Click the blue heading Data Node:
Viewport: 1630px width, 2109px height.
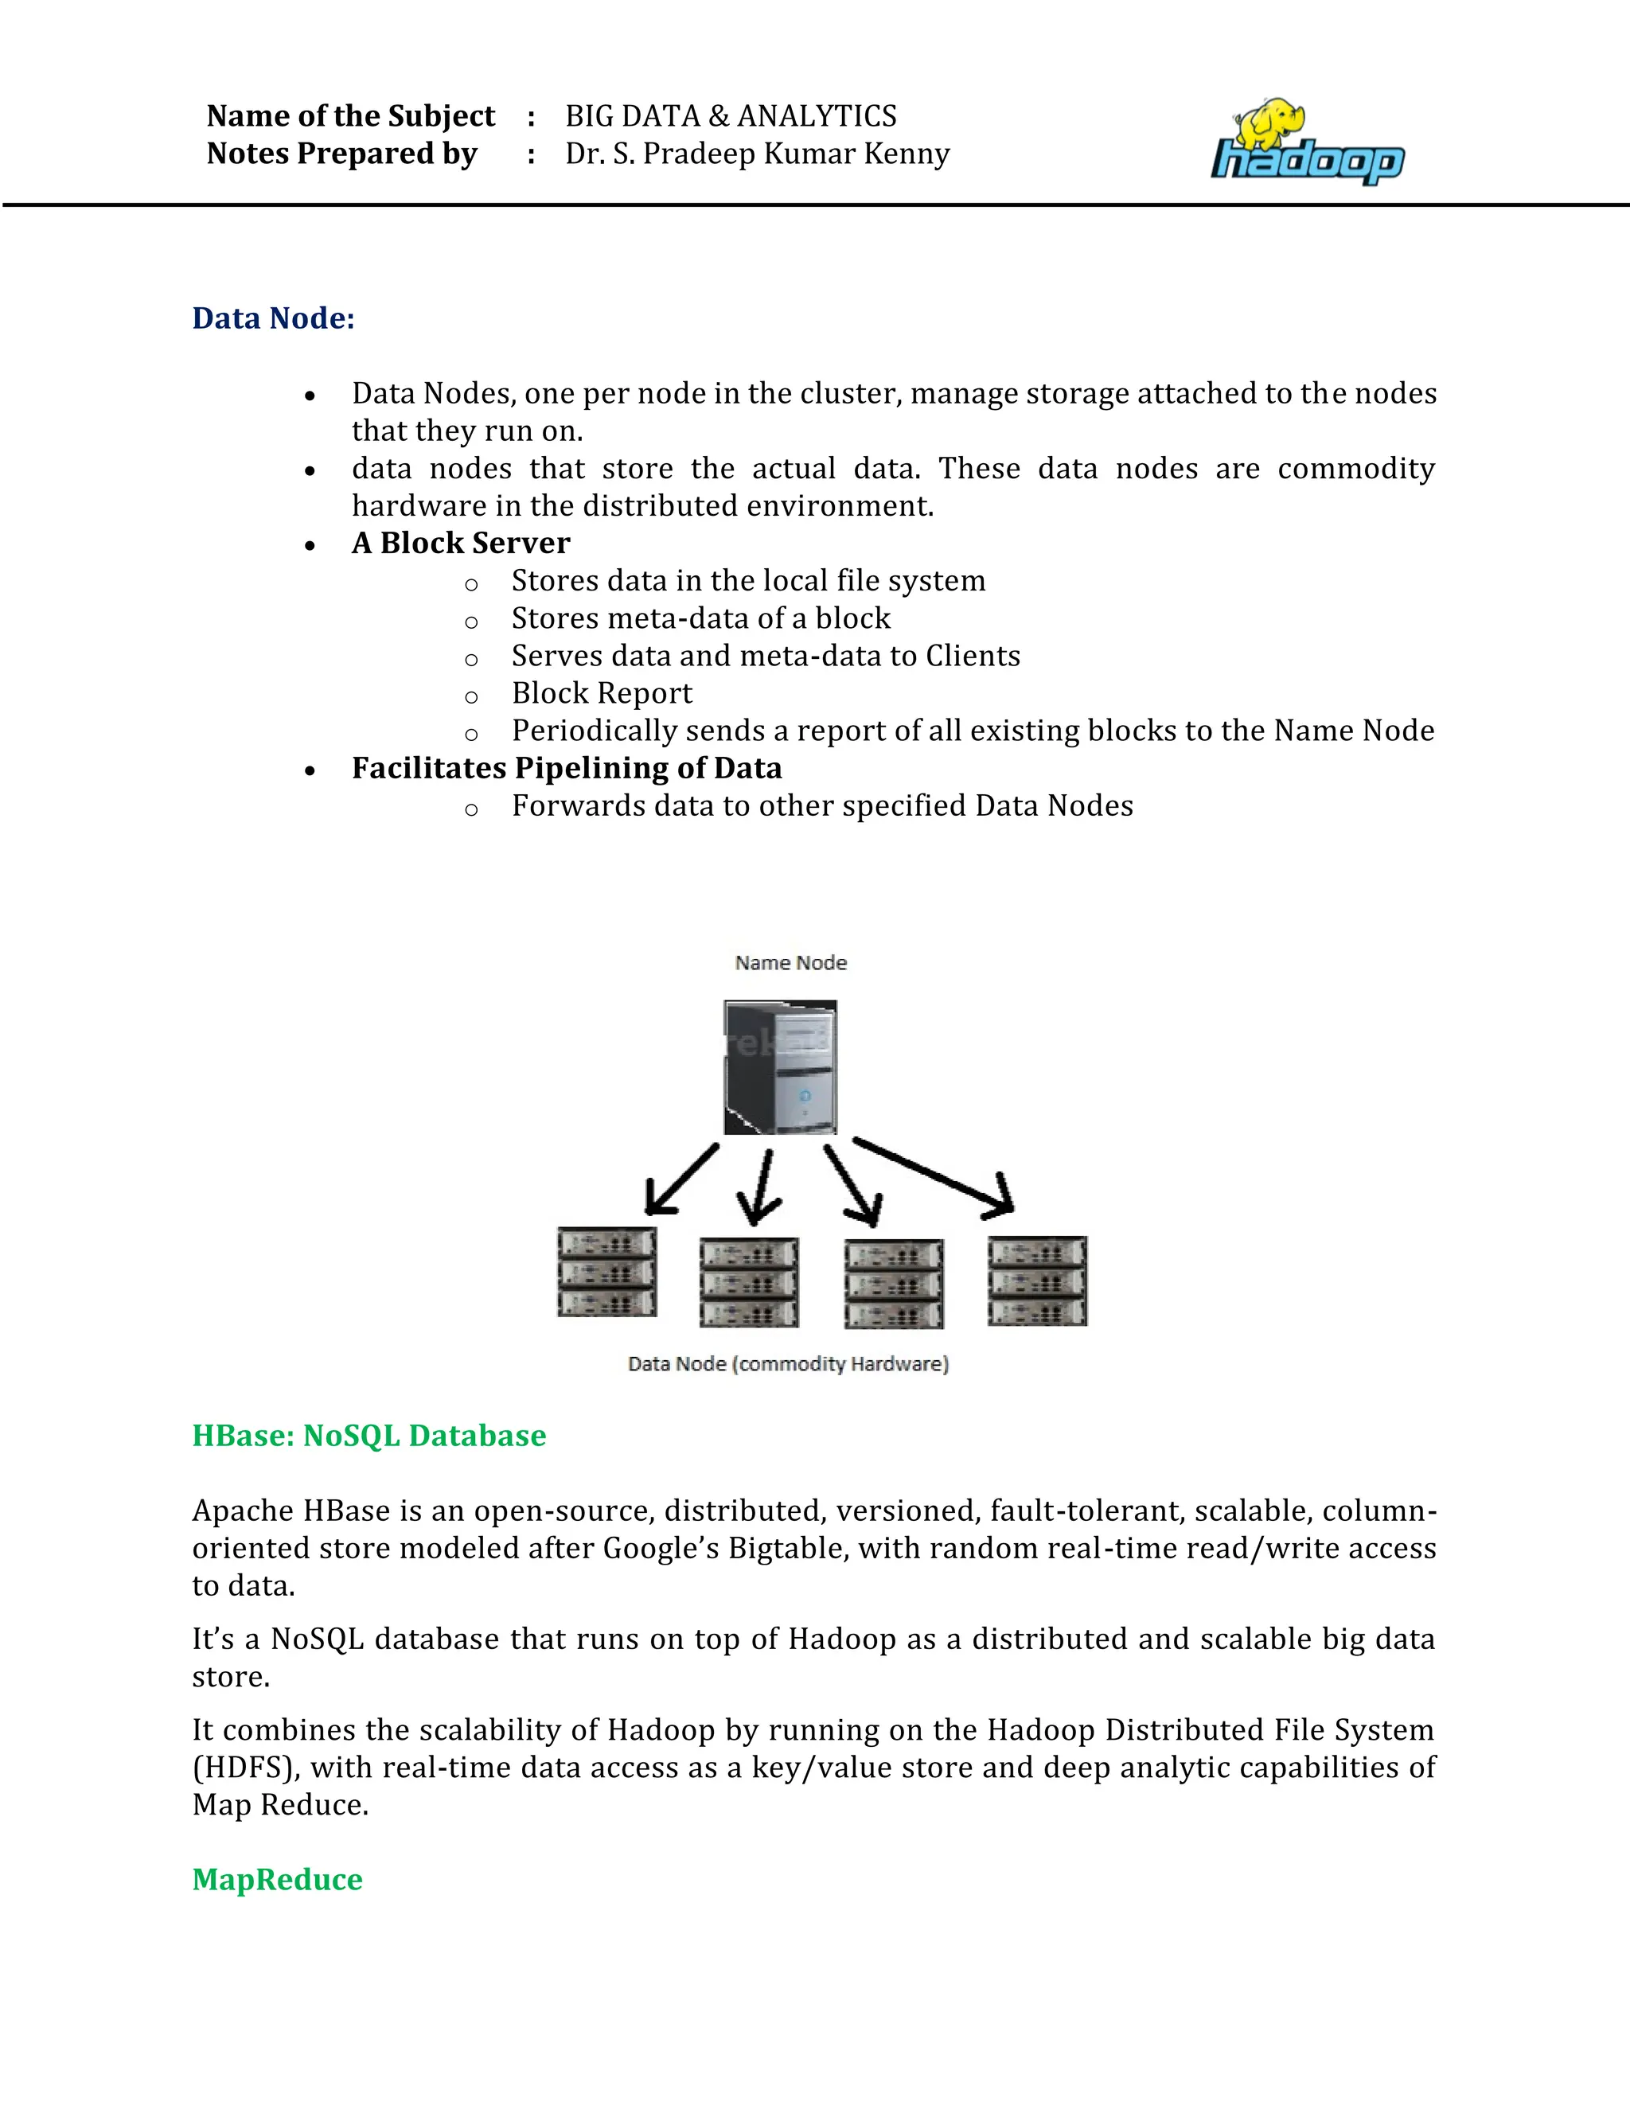(273, 318)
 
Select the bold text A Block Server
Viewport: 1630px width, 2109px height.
(461, 543)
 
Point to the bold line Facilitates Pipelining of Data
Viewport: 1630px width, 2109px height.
(567, 768)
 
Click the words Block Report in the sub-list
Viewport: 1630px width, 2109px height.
(602, 693)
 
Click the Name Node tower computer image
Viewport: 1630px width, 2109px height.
(780, 1066)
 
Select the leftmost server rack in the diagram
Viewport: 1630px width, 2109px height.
(606, 1272)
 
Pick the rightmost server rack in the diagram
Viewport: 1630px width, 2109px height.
(1037, 1281)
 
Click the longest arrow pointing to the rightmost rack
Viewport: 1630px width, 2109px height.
(932, 1175)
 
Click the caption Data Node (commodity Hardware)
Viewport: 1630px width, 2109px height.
(788, 1363)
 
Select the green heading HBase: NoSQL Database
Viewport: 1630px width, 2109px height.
(369, 1436)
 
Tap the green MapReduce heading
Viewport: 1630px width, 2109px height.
(277, 1879)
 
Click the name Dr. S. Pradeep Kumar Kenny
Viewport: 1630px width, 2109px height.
(757, 154)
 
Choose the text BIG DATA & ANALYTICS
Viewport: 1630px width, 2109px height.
(730, 116)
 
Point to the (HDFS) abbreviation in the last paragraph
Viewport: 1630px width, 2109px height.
(245, 1767)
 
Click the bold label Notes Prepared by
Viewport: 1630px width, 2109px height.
(341, 154)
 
